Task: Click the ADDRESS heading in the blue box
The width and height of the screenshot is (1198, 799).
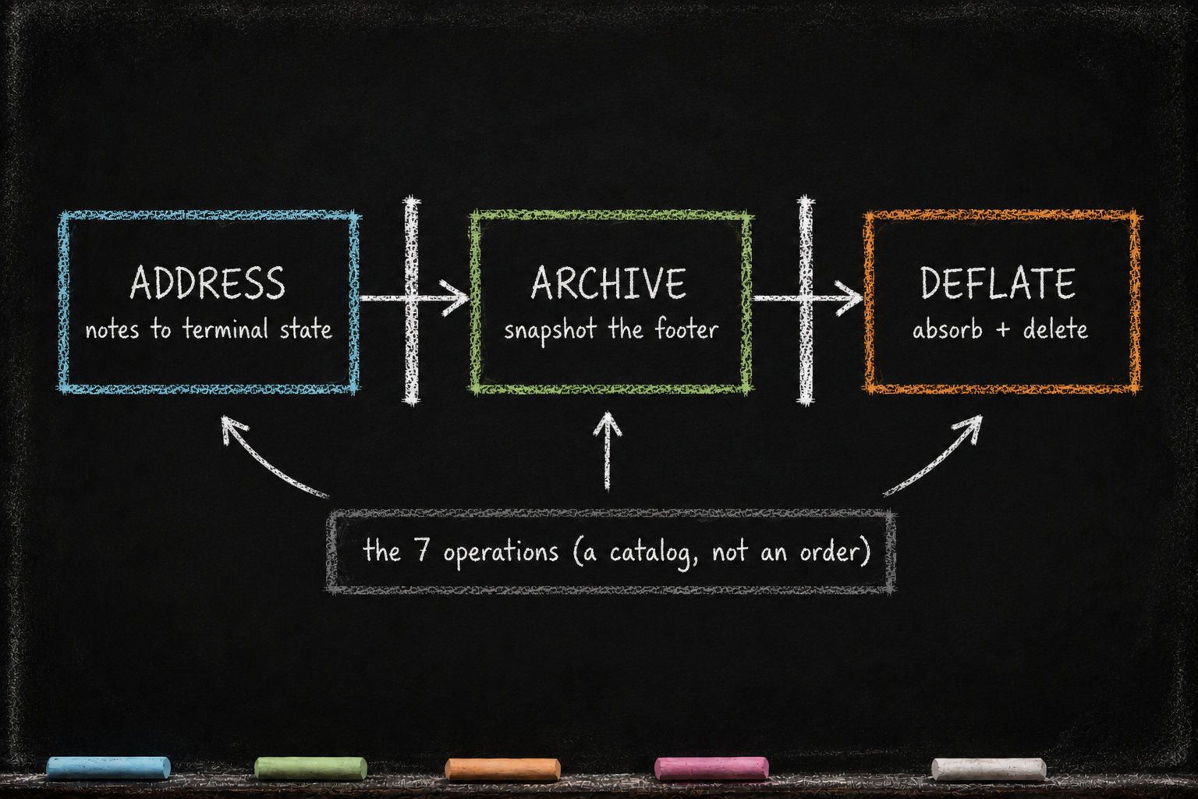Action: (x=207, y=282)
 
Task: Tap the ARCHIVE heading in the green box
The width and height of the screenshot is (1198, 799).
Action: (x=608, y=282)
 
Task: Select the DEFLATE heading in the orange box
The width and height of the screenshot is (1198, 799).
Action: (x=998, y=282)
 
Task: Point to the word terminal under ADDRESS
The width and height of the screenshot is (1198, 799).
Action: (x=225, y=328)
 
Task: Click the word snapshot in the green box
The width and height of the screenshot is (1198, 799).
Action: (x=550, y=330)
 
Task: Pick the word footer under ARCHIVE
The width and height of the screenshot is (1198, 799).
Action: (x=687, y=328)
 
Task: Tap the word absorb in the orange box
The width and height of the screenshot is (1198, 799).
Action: (x=947, y=328)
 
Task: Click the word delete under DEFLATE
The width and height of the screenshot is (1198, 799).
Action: (x=1055, y=328)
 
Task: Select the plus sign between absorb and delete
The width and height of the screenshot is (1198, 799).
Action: (x=1003, y=330)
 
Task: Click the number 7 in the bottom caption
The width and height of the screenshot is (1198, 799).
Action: (x=422, y=550)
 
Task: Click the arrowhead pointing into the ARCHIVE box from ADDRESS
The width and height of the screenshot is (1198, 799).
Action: (x=455, y=298)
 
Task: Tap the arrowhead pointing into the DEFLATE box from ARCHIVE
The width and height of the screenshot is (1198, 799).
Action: (x=849, y=298)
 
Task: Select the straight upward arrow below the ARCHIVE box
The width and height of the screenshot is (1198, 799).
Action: (x=607, y=451)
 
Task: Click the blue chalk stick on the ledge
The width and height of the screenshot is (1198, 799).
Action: (x=108, y=767)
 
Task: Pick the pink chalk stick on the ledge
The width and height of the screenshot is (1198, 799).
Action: (x=711, y=768)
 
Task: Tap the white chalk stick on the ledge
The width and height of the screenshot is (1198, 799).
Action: (x=989, y=769)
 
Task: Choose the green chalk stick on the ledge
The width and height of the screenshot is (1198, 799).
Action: (x=310, y=768)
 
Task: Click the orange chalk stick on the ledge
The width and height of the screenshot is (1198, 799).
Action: (x=503, y=769)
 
